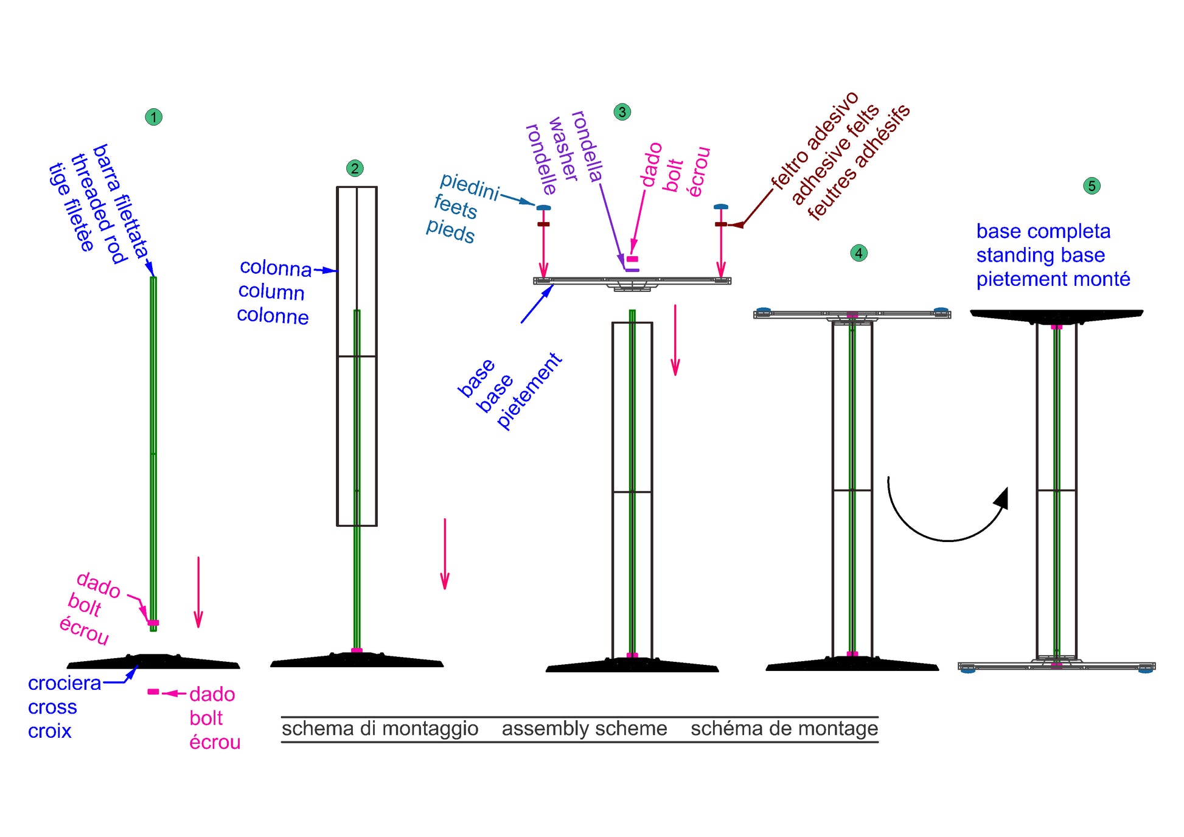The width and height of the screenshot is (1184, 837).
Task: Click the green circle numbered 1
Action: pos(154,117)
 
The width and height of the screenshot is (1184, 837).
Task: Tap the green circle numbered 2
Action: pos(355,168)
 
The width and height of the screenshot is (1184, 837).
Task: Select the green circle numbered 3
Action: pos(622,112)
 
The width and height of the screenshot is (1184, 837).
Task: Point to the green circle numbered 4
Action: pos(858,253)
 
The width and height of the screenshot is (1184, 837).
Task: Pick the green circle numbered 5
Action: pos(1092,186)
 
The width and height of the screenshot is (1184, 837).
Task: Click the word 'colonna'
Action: pos(276,268)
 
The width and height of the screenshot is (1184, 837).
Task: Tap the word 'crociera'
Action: pos(64,683)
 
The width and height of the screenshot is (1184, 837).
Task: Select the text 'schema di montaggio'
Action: pos(380,729)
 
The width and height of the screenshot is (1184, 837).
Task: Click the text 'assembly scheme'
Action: pos(584,729)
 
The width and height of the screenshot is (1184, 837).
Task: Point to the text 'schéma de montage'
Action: pos(784,729)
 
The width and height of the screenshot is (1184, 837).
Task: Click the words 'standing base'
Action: pos(1040,255)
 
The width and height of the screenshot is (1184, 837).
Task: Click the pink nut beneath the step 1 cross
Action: pos(153,692)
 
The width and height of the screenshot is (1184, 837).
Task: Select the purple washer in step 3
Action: pos(632,270)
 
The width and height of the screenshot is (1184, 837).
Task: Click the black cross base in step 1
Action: pos(153,662)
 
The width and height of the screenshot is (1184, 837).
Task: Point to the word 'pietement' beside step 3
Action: pos(529,391)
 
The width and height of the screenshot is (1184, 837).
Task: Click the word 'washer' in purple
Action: pos(563,149)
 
